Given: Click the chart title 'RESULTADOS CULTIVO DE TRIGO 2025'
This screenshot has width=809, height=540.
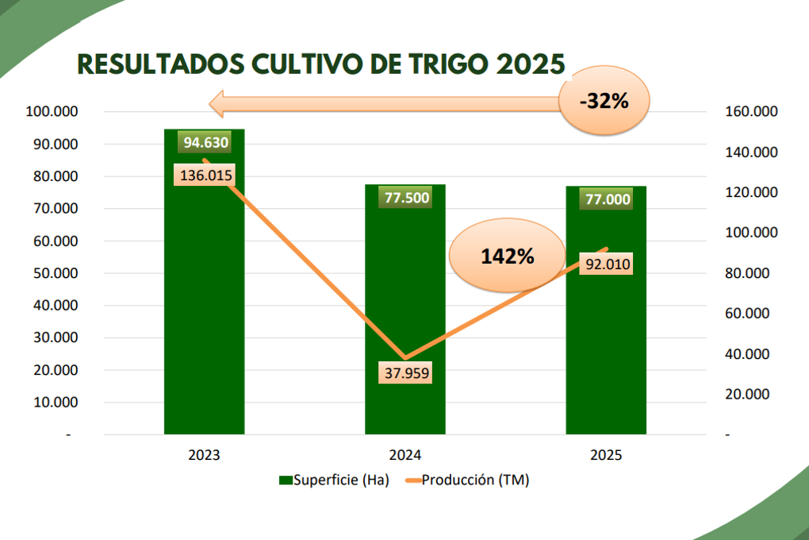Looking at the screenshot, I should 320,63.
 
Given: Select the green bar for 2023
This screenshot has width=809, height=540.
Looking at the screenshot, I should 204,318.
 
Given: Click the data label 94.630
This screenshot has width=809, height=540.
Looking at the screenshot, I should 205,143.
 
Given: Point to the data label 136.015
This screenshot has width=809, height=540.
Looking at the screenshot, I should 205,175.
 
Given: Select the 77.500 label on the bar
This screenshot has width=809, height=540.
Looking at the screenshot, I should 405,199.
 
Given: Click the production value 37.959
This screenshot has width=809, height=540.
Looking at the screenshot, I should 405,372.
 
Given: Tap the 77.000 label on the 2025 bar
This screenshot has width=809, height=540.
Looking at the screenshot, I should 607,199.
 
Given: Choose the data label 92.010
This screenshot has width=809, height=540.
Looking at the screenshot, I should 607,264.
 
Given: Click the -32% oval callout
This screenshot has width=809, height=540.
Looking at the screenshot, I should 604,101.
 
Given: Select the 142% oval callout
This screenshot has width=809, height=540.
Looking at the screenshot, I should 507,256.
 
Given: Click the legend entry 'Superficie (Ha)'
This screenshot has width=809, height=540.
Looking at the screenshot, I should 333,480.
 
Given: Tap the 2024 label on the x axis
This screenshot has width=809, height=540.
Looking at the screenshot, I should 404,456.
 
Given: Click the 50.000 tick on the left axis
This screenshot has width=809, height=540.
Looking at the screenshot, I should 52,273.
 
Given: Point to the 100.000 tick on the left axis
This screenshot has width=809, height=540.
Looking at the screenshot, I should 50,112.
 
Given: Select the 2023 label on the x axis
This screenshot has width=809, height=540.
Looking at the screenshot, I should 204,456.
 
